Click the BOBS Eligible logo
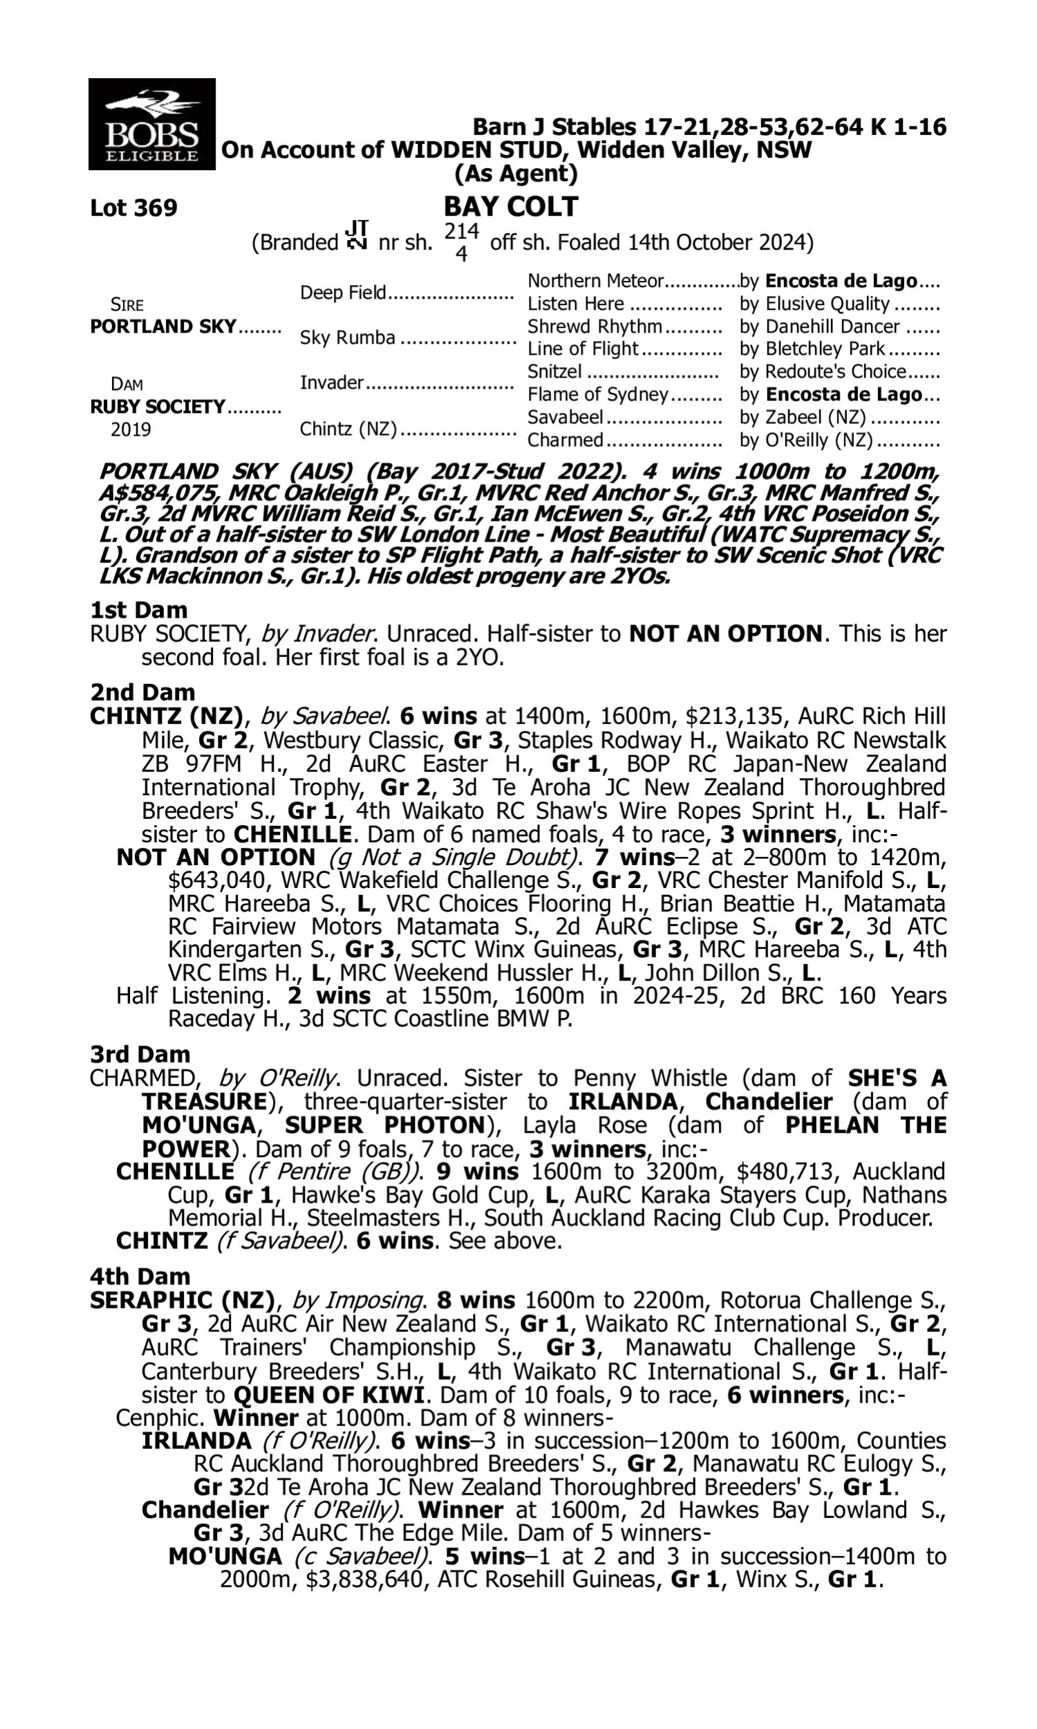[151, 124]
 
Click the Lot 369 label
[133, 207]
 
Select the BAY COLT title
[511, 206]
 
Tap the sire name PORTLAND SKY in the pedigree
[163, 326]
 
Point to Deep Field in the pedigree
[342, 292]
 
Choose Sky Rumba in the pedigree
[347, 338]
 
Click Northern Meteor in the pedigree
[595, 281]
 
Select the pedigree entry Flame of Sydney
[597, 395]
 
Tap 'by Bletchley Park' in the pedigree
[812, 349]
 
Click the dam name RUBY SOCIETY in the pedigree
[157, 407]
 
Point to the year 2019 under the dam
[131, 429]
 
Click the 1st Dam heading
[138, 610]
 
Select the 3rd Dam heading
[140, 1054]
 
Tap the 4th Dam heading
[140, 1276]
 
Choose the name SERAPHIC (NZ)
[182, 1300]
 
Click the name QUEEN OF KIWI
[328, 1395]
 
